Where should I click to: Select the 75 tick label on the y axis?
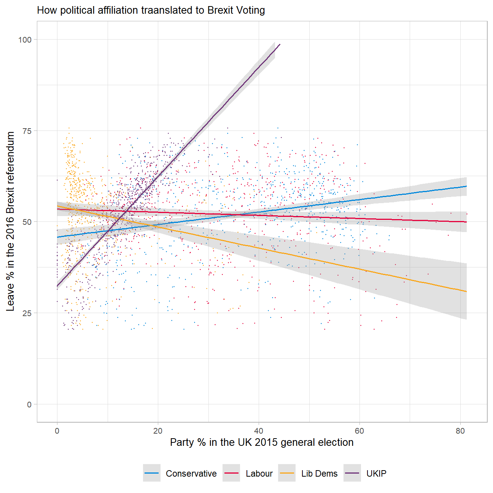coord(27,131)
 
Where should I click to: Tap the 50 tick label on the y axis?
coord(27,222)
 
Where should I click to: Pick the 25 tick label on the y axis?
coord(27,313)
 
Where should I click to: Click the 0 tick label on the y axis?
coord(29,404)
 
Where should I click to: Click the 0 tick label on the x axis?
coord(57,431)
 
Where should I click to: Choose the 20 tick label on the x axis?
coord(158,431)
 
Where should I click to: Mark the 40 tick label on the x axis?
coord(259,431)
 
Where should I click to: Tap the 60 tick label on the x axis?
coord(359,431)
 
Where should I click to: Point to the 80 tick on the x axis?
coord(460,431)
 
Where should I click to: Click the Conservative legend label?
coord(191,474)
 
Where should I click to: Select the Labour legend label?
coord(259,474)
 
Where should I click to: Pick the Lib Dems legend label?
coord(319,474)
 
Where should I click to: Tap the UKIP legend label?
coord(376,474)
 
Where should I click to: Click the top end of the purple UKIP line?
coord(280,45)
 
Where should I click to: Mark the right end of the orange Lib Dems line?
coord(466,291)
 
